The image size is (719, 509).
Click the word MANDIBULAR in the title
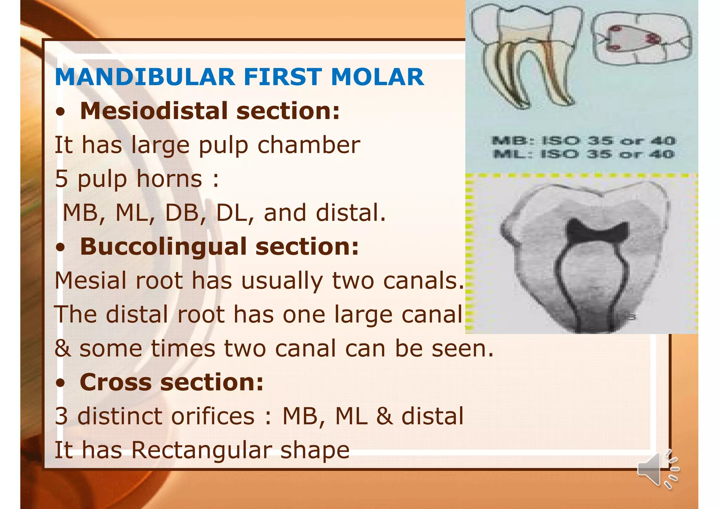[145, 77]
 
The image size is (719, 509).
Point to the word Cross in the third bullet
[115, 382]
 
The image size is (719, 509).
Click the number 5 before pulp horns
[61, 179]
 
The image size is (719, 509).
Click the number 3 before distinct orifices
[61, 416]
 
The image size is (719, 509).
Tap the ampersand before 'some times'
[63, 348]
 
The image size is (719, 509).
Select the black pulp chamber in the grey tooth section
[597, 234]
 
